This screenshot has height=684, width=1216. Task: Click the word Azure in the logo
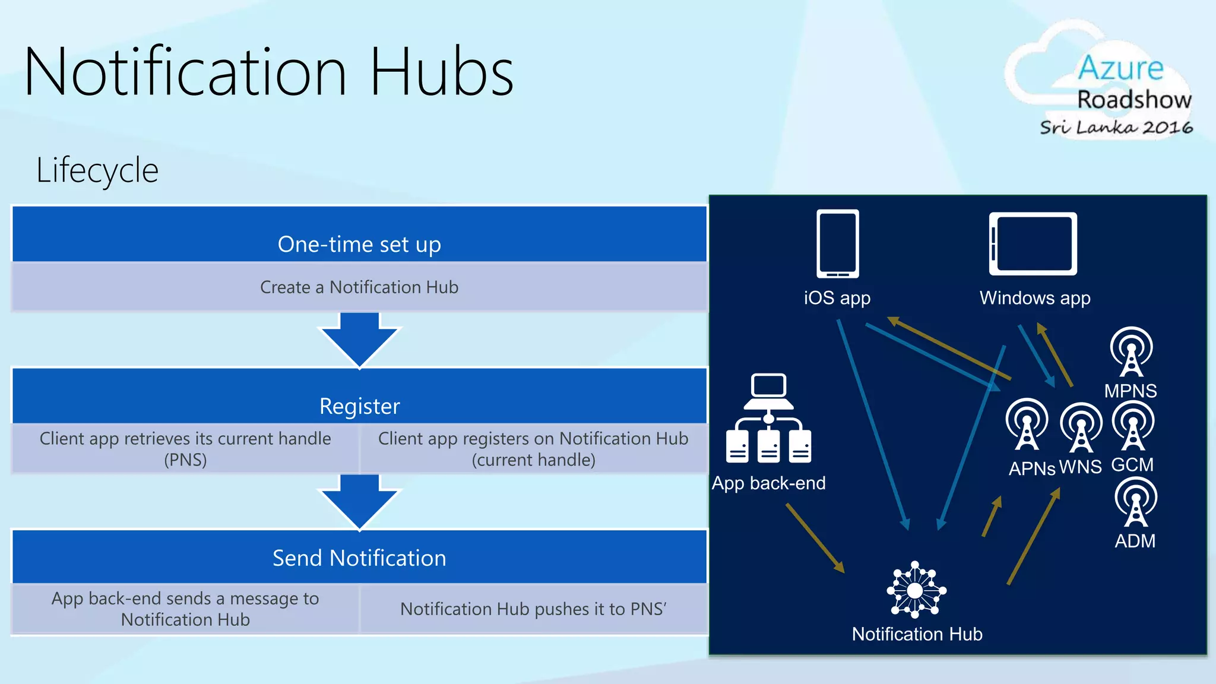coord(1120,68)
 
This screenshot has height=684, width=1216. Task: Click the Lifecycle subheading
coord(97,170)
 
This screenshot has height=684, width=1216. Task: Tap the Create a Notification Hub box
coord(359,287)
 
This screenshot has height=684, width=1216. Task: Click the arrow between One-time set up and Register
coord(359,340)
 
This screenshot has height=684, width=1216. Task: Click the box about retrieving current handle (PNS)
coord(185,449)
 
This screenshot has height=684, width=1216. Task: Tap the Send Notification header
coord(359,558)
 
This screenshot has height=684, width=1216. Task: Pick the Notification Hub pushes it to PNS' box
coord(533,609)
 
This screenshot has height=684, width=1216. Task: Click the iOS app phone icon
coord(837,243)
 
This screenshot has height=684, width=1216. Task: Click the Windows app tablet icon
coord(1033,243)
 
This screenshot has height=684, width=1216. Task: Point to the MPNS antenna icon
coord(1132,351)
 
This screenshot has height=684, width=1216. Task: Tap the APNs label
coord(1032,468)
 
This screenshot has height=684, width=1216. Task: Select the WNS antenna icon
coord(1081,427)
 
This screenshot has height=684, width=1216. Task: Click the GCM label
coord(1132,464)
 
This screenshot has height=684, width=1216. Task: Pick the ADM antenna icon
coord(1136,502)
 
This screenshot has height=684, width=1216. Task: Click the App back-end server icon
coord(768,418)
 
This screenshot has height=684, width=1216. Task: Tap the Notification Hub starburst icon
coord(916,590)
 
